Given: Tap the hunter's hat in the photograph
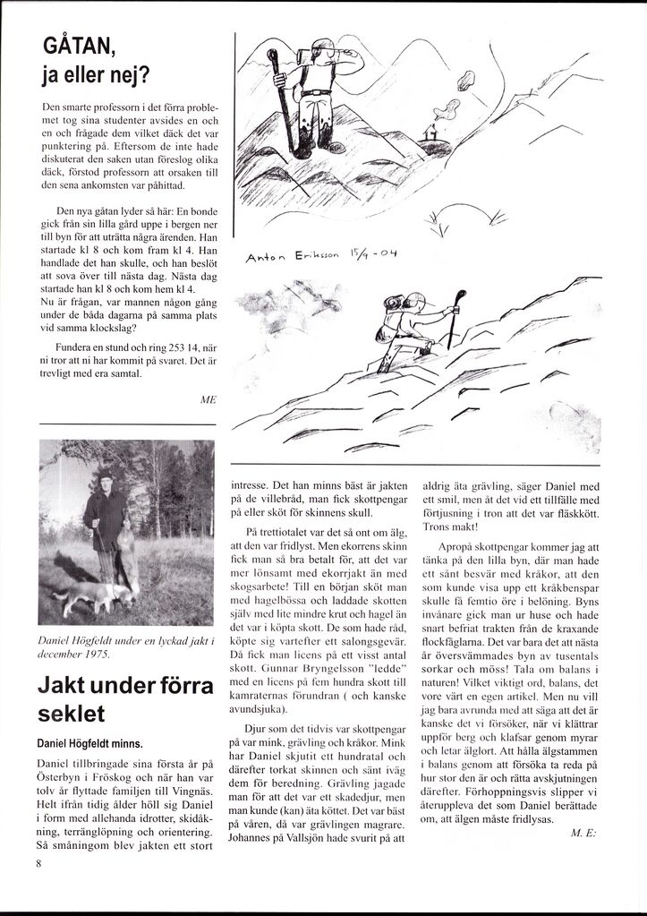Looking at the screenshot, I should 105,475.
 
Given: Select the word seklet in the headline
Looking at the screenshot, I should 71,715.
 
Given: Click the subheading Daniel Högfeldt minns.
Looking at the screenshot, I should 89,743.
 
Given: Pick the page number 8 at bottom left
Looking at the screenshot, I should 38,863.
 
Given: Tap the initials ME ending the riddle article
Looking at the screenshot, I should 209,400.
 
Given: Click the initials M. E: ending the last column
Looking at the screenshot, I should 582,833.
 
